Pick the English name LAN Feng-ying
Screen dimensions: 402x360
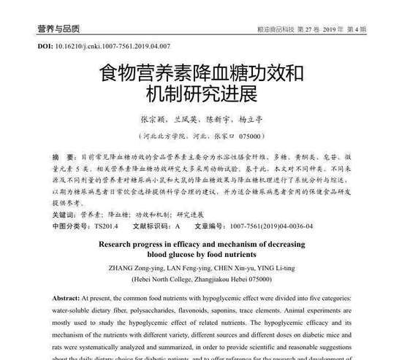pyautogui.click(x=191, y=268)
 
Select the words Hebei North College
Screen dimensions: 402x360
pyautogui.click(x=164, y=280)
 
